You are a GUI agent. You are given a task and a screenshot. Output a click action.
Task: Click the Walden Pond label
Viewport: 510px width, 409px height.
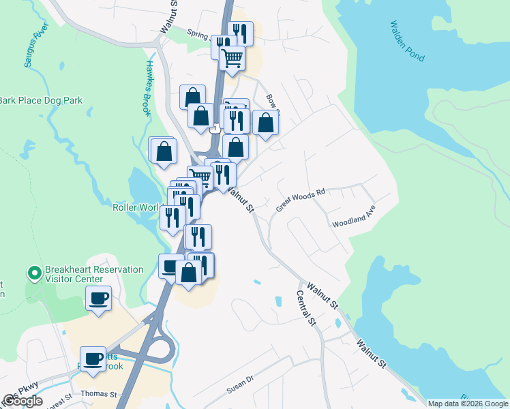[x=406, y=40]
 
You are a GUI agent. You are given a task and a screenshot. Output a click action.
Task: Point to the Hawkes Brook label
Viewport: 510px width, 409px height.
[x=151, y=89]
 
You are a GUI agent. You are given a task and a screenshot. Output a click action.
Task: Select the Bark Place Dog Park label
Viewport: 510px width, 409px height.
[x=41, y=100]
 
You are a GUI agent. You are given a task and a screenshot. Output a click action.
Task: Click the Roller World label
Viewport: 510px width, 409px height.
[x=136, y=207]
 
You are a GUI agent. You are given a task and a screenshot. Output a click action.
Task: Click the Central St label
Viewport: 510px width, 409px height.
[x=306, y=308]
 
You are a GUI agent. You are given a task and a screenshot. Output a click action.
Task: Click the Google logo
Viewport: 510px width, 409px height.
[x=22, y=401]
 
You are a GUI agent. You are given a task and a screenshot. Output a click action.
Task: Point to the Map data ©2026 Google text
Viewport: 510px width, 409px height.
[x=468, y=404]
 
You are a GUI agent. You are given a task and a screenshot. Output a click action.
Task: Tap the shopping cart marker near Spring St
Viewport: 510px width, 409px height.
[x=232, y=59]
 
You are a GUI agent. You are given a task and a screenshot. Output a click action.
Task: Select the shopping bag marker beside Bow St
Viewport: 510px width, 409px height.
[x=266, y=123]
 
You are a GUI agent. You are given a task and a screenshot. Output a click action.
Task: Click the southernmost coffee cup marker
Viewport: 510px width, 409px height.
[x=93, y=359]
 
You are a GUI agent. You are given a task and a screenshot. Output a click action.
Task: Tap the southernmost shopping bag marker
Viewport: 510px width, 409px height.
[x=189, y=272]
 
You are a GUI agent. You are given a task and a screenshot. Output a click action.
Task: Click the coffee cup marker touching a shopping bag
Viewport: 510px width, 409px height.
[x=170, y=265]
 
